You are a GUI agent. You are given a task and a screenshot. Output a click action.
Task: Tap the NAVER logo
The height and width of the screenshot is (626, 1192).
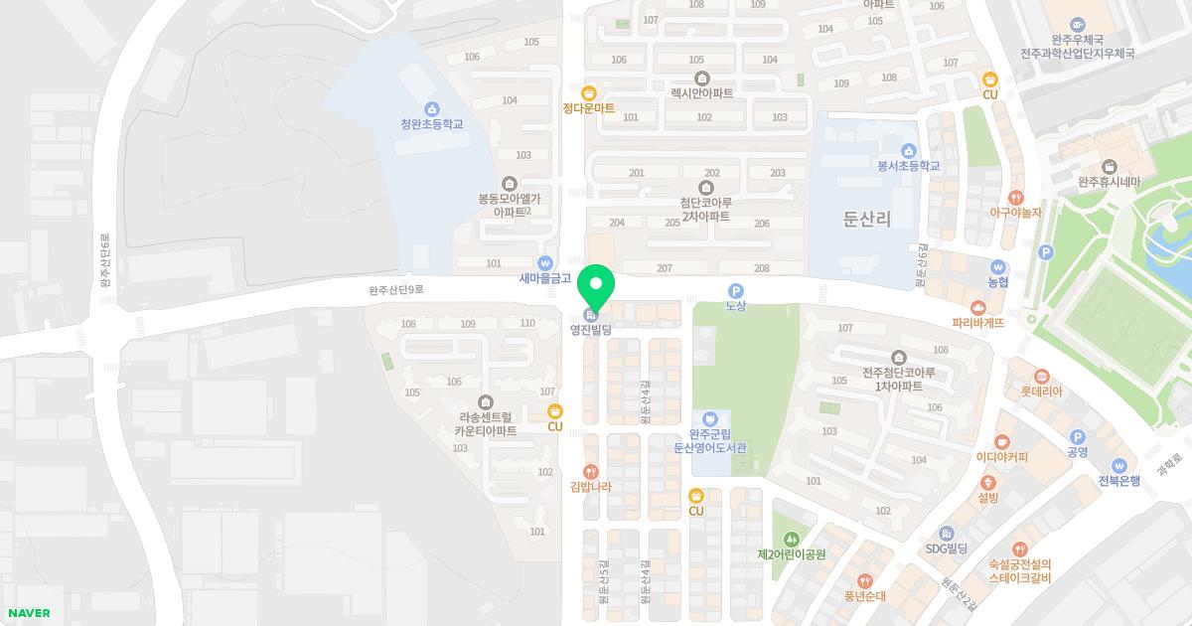coord(28,612)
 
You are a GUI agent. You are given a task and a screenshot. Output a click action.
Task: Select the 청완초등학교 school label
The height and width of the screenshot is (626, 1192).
coord(432,125)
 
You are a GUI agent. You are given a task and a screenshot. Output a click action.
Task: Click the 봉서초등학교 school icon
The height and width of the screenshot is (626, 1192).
coord(909,150)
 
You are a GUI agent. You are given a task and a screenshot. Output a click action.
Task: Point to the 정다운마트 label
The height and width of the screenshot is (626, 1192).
coord(589,108)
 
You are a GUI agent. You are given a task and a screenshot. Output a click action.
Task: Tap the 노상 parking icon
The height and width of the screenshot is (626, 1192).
coord(735,290)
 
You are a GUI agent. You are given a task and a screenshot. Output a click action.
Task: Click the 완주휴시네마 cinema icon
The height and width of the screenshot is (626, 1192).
coord(1109,166)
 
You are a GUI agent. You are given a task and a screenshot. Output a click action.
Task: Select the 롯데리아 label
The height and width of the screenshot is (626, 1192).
coord(1041,391)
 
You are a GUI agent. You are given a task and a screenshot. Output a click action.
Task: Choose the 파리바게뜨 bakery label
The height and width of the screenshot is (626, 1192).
coord(978,323)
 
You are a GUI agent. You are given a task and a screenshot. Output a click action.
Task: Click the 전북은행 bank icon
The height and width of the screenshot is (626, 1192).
coord(1118,465)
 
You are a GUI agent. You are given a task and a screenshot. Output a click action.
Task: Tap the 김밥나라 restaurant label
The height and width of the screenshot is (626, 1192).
coord(591,487)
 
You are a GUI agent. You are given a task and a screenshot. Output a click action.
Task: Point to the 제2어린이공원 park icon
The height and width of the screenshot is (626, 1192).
coord(792,538)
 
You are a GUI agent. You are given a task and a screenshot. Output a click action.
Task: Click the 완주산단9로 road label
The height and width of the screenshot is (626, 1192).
coord(395,290)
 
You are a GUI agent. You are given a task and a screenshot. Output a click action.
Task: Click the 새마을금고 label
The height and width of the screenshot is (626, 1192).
coord(545,279)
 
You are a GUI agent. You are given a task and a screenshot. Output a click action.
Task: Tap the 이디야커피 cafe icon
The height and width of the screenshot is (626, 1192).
coord(1001,441)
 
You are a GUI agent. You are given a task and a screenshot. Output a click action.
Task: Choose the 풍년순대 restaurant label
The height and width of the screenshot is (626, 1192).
coord(864,596)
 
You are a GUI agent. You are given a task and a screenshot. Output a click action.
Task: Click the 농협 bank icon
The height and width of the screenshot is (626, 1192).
coord(998,266)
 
